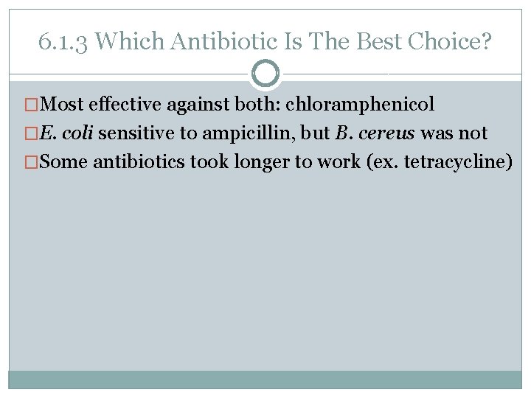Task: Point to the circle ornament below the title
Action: [x=265, y=73]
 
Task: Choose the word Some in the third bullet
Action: [x=64, y=162]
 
